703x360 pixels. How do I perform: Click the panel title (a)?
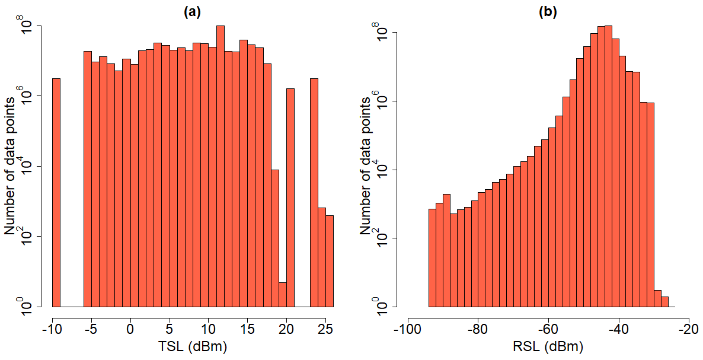coord(192,11)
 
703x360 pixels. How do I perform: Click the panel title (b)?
coord(548,11)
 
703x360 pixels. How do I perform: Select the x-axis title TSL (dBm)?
coord(192,346)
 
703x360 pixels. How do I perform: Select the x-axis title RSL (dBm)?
coord(548,346)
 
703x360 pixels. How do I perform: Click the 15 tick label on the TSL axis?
coord(247,328)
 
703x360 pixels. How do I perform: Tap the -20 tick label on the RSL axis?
coord(688,328)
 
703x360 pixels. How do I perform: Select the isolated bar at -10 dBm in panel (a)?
coord(56,193)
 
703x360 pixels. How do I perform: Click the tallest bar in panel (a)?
coord(220,166)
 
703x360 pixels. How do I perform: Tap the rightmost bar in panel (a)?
coord(330,261)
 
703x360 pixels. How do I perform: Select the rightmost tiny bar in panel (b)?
coord(664,302)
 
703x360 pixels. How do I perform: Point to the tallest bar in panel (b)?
coord(608,166)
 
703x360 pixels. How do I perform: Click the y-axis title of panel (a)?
coord(10,166)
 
